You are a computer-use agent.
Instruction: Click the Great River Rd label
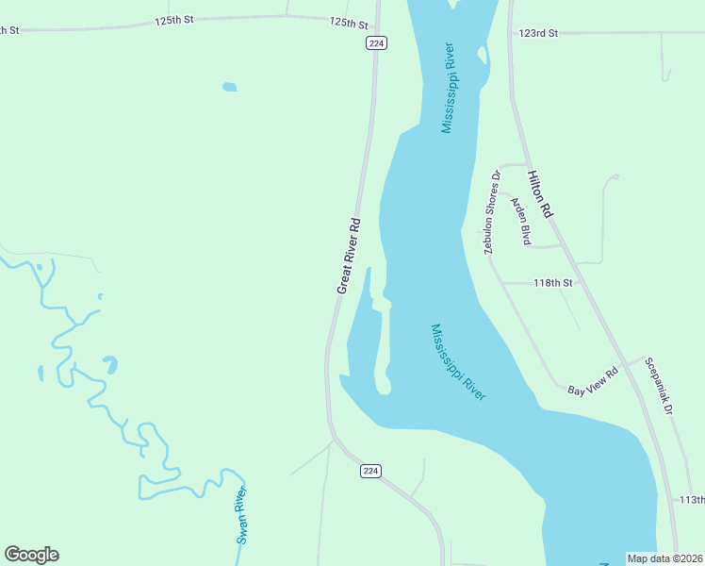pyautogui.click(x=349, y=256)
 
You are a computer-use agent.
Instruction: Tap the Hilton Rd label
pyautogui.click(x=540, y=194)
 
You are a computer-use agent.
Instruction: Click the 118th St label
pyautogui.click(x=552, y=283)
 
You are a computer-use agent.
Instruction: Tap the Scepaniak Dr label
pyautogui.click(x=658, y=386)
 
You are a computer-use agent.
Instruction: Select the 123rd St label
pyautogui.click(x=538, y=33)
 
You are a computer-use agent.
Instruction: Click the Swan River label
pyautogui.click(x=243, y=515)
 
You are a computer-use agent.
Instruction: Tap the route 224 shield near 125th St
pyautogui.click(x=377, y=42)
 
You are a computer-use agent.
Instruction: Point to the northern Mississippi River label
pyautogui.click(x=449, y=88)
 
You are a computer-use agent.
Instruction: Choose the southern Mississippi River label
pyautogui.click(x=458, y=362)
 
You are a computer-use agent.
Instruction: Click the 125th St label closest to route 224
pyautogui.click(x=348, y=23)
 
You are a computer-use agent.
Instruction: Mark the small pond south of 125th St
pyautogui.click(x=229, y=88)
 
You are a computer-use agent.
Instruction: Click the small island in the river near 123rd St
pyautogui.click(x=483, y=58)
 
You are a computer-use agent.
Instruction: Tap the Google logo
pyautogui.click(x=31, y=555)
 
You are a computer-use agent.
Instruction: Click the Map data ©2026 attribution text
pyautogui.click(x=664, y=558)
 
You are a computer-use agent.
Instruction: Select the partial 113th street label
pyautogui.click(x=692, y=499)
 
